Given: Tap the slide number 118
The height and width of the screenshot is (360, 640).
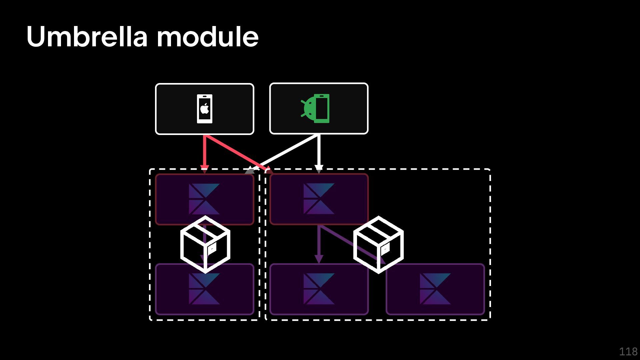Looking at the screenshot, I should [628, 352].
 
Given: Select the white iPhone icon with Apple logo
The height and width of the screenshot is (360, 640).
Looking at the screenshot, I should [204, 109].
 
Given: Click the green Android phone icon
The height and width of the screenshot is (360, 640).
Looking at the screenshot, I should [316, 108].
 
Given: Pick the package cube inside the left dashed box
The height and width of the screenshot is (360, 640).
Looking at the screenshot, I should [205, 244].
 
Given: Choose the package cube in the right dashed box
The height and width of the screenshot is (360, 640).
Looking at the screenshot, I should [378, 244].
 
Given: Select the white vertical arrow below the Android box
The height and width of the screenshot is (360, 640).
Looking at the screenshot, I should [319, 152].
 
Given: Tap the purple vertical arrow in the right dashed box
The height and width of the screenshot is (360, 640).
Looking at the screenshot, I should [319, 243].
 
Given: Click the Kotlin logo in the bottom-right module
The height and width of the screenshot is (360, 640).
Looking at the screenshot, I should [435, 289].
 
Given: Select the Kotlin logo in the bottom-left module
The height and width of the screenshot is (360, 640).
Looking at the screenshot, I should [204, 289].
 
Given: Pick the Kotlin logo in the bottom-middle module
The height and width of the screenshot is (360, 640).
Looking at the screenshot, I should [319, 289].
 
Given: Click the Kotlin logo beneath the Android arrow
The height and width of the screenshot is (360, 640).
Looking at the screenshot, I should [319, 199].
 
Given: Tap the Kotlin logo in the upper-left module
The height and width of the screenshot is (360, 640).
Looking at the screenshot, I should [204, 199].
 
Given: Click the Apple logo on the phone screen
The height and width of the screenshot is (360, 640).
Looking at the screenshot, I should [204, 108].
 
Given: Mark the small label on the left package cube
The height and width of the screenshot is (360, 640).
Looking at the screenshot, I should [212, 248].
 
